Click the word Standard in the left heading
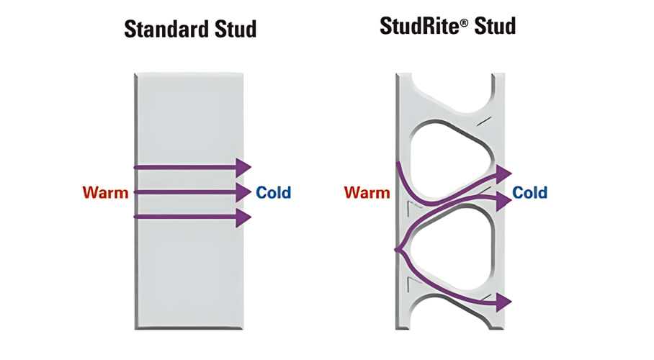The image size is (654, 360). coord(162,30)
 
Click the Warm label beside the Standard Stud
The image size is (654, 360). coord(105,192)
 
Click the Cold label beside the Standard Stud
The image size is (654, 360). coord(274,192)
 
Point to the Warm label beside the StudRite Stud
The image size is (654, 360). coord(367,192)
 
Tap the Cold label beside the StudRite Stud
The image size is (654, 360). coord(529,193)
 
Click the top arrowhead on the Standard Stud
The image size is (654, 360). coord(243,167)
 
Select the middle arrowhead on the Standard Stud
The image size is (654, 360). coord(243,192)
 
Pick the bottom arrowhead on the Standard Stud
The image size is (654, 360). coord(243,217)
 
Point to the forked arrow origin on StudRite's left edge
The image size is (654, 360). coord(397,250)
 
